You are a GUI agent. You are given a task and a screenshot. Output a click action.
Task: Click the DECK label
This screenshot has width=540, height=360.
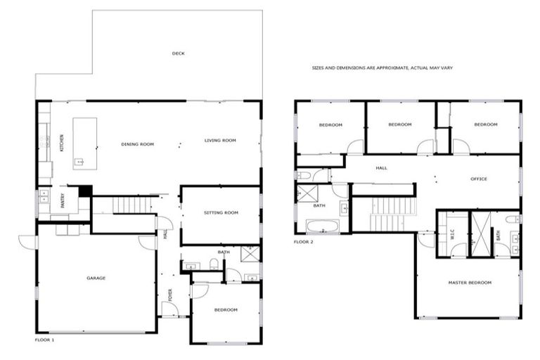coord(178,53)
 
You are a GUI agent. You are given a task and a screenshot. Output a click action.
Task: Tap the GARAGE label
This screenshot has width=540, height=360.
coord(96,278)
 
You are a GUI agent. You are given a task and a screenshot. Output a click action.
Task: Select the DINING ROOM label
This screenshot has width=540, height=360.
coord(137,144)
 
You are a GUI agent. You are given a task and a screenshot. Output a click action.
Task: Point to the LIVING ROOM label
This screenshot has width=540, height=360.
coord(220,141)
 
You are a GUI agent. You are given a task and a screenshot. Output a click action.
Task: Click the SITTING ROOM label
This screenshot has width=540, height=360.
coord(221,212)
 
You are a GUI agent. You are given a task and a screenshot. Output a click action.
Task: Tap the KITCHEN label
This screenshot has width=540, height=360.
coord(62,143)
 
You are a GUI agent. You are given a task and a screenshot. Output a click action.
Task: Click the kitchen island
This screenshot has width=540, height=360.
coord(84,143)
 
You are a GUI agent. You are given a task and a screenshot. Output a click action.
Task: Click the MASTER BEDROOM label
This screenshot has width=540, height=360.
coord(470,283)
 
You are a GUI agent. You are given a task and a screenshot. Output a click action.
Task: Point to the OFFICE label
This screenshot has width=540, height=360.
coord(479,179)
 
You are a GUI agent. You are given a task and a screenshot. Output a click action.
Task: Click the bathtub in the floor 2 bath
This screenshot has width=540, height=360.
coord(323,226)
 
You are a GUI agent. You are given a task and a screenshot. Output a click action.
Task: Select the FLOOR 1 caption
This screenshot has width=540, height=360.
coord(44,340)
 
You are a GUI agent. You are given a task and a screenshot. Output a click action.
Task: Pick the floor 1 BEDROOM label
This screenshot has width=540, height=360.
coord(226,309)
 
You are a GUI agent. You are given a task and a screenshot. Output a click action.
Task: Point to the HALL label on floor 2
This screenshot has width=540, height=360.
coord(381,168)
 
